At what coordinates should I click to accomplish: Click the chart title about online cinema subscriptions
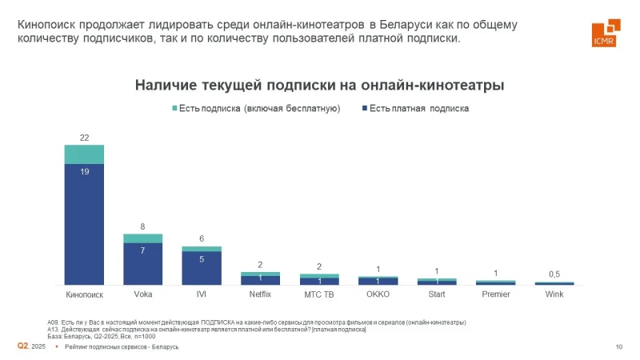tap(319, 84)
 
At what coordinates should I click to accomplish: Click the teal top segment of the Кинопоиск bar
tap(84, 154)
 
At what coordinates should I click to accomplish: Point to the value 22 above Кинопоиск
tap(84, 138)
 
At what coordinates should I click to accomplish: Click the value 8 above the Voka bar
tap(142, 226)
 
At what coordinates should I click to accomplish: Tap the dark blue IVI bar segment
tap(202, 268)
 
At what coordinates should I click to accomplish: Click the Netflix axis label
tap(260, 294)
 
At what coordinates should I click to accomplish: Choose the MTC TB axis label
tap(319, 294)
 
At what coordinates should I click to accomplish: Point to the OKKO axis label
tap(378, 294)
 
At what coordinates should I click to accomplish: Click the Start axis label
tap(437, 294)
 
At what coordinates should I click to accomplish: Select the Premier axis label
tap(495, 294)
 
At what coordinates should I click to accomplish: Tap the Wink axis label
tap(554, 294)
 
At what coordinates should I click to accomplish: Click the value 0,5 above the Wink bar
tap(554, 274)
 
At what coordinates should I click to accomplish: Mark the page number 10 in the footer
tap(618, 346)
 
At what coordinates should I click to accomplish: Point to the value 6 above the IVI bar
tap(202, 238)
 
